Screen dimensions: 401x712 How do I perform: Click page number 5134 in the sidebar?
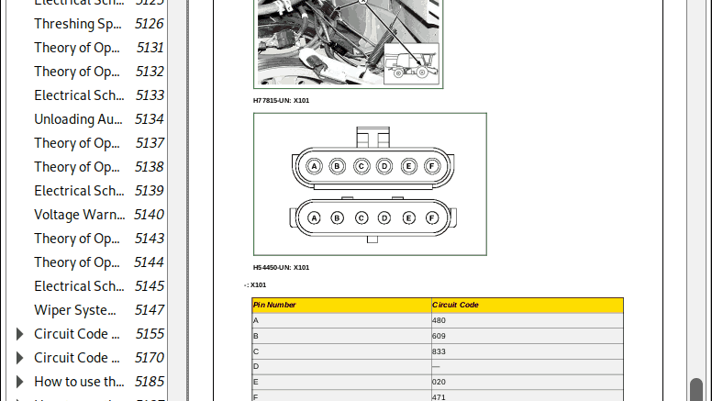149,119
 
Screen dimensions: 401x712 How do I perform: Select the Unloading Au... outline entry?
77,119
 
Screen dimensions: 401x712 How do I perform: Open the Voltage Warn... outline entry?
79,215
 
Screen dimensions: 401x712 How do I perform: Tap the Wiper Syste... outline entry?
75,310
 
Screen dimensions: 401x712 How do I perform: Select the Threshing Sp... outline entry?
77,24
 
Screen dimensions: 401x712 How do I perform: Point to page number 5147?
149,310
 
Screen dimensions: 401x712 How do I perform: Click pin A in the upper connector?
314,166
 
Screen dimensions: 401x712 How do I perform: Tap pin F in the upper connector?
432,166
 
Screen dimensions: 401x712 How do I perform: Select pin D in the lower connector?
384,217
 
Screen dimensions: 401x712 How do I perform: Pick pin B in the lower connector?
337,217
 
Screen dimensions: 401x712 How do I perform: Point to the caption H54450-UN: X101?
282,268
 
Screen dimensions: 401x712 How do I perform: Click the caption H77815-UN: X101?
282,100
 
